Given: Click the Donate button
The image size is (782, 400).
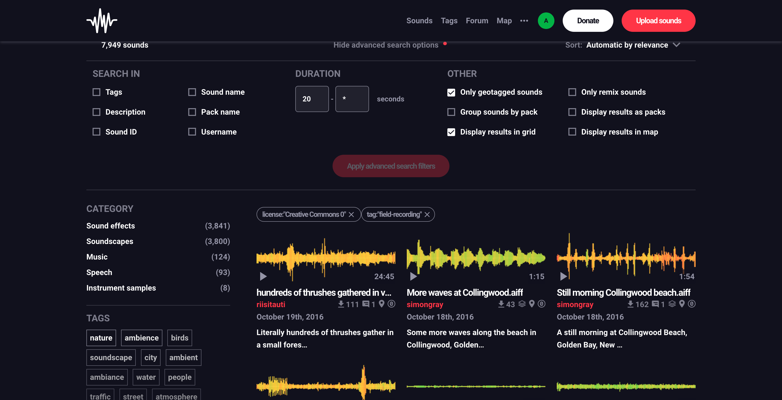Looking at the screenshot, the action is click(588, 21).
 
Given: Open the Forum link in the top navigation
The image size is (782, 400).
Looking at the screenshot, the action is click(477, 21).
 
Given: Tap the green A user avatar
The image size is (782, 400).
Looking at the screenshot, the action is click(546, 21).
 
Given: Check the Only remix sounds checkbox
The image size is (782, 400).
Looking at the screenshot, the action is click(572, 92).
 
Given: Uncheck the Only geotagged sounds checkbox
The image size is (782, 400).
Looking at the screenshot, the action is click(451, 92).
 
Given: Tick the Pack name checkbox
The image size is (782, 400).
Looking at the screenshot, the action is click(192, 112).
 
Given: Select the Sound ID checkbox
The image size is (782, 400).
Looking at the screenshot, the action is click(96, 132).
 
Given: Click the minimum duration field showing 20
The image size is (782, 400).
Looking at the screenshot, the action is click(312, 99).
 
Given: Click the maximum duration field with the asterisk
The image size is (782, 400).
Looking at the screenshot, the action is click(352, 99).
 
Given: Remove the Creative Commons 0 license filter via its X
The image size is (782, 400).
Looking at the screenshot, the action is click(351, 214).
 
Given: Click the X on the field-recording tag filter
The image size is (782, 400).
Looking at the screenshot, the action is click(427, 214).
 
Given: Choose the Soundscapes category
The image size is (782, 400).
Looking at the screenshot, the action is click(110, 241).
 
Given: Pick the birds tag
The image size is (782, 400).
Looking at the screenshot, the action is click(179, 338).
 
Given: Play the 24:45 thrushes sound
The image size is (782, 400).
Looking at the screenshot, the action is click(263, 276).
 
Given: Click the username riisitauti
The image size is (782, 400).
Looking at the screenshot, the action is click(271, 304).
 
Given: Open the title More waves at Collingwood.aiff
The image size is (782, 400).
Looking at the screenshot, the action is click(464, 292).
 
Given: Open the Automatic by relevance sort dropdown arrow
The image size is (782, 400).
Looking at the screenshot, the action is click(676, 45).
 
